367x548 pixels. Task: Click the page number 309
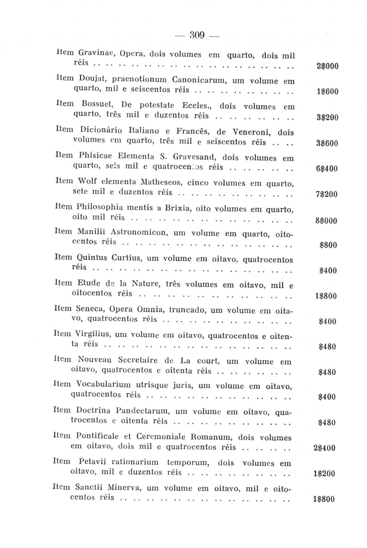point(197,35)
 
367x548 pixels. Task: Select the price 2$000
point(327,66)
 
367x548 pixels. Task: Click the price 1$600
point(328,92)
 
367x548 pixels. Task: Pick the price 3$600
point(327,143)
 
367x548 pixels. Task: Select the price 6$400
point(327,169)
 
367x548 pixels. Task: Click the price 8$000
point(326,221)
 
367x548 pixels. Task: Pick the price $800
point(328,245)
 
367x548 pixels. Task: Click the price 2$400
point(324,448)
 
